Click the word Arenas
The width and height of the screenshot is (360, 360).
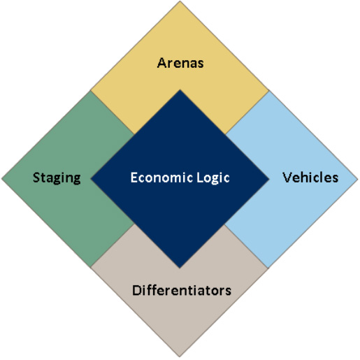(x=180, y=63)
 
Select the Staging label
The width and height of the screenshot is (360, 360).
(x=57, y=178)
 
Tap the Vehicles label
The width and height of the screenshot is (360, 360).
(x=310, y=178)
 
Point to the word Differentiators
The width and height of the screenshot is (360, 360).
(x=182, y=290)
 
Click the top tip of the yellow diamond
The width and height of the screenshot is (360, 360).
(x=180, y=1)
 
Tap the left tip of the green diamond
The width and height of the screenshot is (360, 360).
(x=1, y=179)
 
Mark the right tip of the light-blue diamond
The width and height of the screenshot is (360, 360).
(x=358, y=179)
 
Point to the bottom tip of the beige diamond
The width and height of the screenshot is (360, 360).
(x=180, y=357)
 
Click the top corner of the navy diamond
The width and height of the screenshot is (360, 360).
(x=180, y=89)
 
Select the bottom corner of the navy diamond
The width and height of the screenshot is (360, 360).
(x=180, y=268)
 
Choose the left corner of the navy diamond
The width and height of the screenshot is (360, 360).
(x=91, y=179)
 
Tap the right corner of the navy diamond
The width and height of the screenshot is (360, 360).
(x=269, y=179)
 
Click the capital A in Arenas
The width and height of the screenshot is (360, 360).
(x=161, y=63)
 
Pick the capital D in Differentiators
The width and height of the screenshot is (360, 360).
(x=136, y=290)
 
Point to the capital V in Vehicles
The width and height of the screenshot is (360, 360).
(x=287, y=178)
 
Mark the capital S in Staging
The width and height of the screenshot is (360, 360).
(x=36, y=178)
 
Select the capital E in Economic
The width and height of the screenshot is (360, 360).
(x=134, y=178)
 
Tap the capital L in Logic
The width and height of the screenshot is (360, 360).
(x=200, y=178)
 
